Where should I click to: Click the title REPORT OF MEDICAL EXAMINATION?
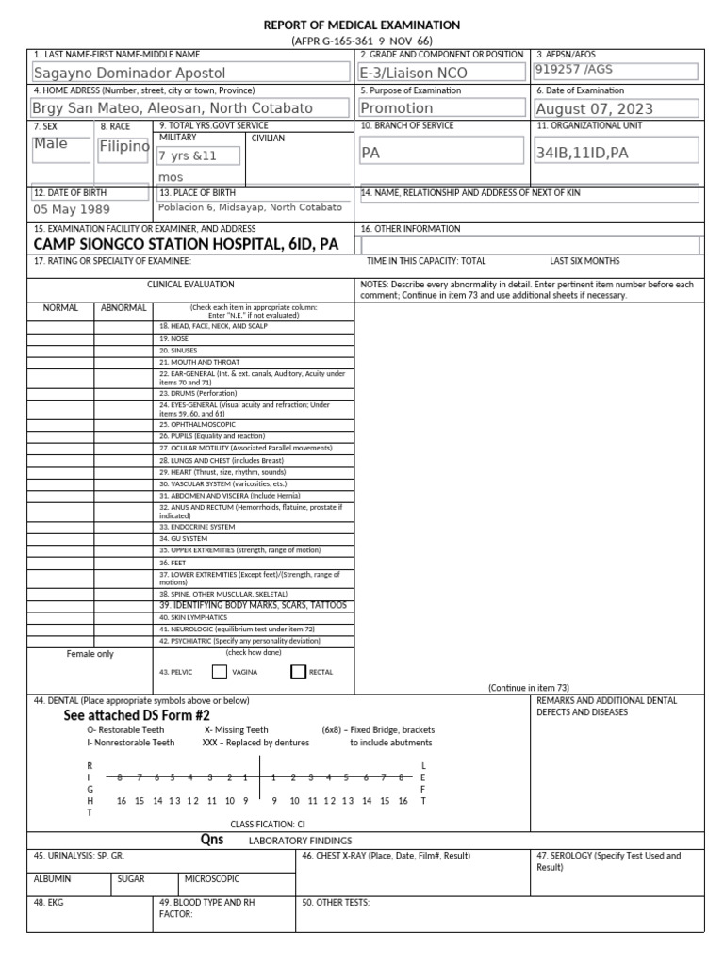tap(362, 25)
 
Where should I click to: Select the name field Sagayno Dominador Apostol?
tap(129, 73)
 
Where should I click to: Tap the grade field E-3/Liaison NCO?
tap(414, 73)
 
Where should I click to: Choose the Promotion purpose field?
tap(397, 108)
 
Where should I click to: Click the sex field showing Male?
tap(51, 144)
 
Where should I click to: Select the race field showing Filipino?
tap(123, 147)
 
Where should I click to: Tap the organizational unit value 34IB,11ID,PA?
tap(582, 152)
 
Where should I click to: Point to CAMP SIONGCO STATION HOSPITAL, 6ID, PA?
tap(186, 244)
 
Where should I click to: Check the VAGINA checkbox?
tap(219, 672)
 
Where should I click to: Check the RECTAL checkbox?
tap(299, 672)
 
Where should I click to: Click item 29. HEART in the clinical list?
tap(222, 471)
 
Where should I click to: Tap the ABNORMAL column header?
tap(123, 307)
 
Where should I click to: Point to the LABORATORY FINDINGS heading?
tap(300, 840)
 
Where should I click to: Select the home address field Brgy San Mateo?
tap(173, 108)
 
